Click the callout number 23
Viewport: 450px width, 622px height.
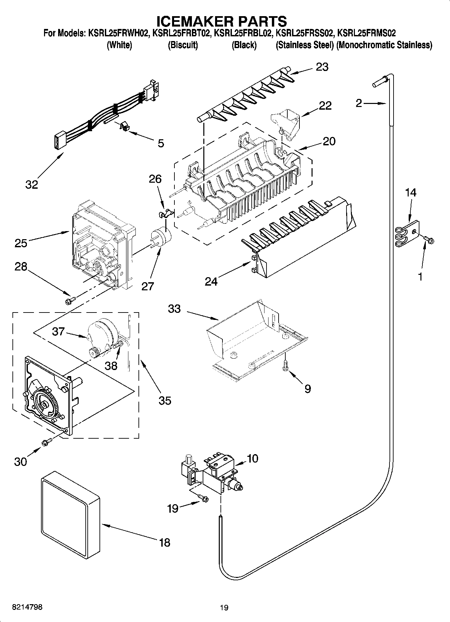[x=322, y=67]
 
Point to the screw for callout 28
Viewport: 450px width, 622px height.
[x=71, y=299]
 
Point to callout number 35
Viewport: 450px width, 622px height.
[x=165, y=400]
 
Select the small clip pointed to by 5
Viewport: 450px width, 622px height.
[x=125, y=127]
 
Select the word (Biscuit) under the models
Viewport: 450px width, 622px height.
[x=183, y=45]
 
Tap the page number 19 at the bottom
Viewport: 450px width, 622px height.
[x=224, y=608]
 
